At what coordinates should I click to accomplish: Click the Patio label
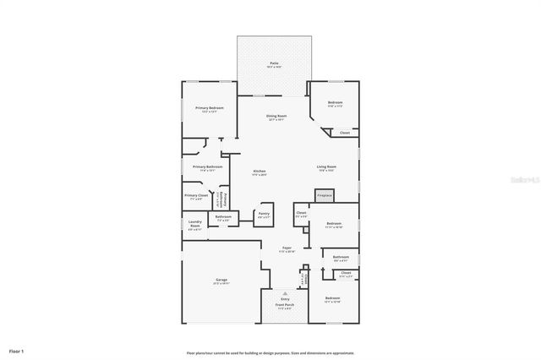click(274, 64)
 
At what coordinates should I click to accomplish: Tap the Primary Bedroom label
click(210, 109)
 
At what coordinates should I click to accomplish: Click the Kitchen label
click(259, 172)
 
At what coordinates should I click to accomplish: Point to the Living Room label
click(327, 167)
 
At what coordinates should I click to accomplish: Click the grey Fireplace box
click(325, 195)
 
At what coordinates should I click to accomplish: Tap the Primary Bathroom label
click(207, 167)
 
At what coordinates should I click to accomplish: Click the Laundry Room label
click(194, 226)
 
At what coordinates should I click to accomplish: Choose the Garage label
click(221, 280)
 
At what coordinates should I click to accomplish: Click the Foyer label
click(287, 249)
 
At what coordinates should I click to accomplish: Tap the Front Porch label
click(285, 306)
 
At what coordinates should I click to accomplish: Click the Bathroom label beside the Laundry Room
click(223, 218)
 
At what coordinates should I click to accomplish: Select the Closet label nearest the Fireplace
click(301, 214)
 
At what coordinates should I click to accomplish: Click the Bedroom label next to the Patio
click(335, 104)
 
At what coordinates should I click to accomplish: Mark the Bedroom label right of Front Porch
click(332, 299)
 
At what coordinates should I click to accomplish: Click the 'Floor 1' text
click(17, 350)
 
